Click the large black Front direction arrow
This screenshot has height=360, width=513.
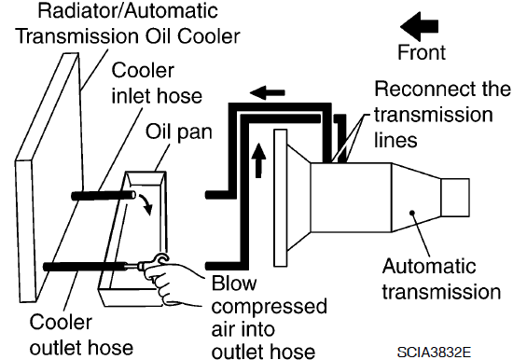[420, 26]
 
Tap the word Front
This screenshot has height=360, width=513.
[422, 52]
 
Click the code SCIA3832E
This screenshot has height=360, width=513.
[434, 353]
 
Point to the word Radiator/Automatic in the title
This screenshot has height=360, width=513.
[128, 10]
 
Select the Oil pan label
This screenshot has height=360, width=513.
[179, 132]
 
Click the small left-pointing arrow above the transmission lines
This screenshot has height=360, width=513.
[268, 92]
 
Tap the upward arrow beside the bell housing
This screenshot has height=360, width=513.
[258, 160]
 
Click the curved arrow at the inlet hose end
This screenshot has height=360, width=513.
[146, 204]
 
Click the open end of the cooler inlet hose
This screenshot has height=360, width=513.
[132, 195]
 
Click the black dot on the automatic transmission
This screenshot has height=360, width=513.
[412, 213]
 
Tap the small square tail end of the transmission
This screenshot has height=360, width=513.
[455, 198]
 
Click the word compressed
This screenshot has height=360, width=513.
[269, 307]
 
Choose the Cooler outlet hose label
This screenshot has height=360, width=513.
[81, 335]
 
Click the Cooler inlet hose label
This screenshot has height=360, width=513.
[157, 83]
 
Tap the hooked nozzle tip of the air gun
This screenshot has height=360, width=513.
[161, 258]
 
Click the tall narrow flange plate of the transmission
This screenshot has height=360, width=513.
[281, 198]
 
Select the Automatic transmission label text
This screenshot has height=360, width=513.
[441, 279]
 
